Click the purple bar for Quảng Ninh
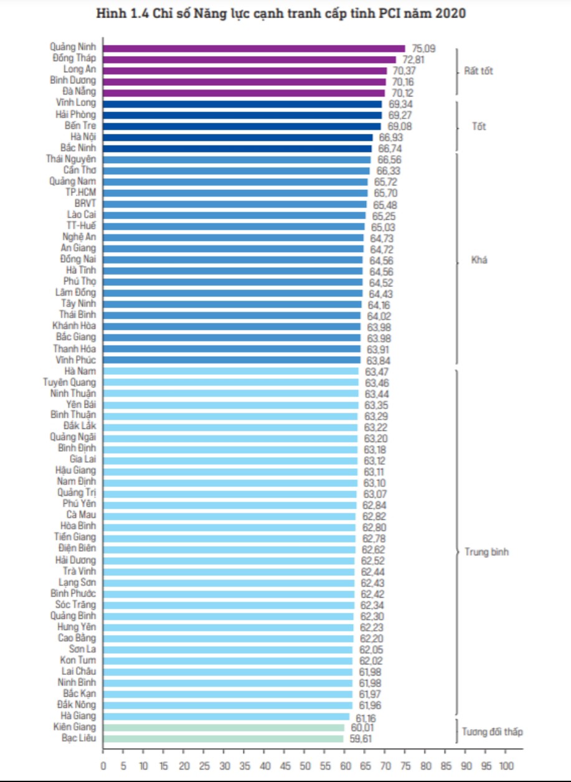point(253,48)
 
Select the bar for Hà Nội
point(238,137)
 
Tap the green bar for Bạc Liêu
point(223,738)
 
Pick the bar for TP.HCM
point(235,193)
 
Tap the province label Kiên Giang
point(75,727)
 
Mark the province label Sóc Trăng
point(75,605)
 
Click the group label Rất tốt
point(479,71)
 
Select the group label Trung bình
point(487,552)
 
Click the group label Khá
point(479,260)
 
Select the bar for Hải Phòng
point(242,115)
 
